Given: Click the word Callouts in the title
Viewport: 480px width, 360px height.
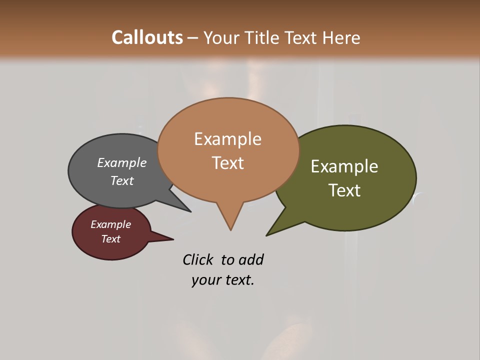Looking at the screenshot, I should (147, 37).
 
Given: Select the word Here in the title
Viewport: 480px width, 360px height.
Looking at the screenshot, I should (341, 38).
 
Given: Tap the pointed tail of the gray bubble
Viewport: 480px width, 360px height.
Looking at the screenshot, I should (189, 210).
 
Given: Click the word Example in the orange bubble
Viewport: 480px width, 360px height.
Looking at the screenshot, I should (227, 139).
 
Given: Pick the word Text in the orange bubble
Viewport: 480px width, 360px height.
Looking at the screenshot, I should (227, 163).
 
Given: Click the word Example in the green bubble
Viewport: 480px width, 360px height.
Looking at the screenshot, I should (344, 166).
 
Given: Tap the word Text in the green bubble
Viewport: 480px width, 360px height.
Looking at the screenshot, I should (344, 190).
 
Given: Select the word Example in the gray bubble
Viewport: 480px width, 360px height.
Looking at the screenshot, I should (121, 163).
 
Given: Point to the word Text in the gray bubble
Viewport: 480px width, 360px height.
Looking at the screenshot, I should (121, 180).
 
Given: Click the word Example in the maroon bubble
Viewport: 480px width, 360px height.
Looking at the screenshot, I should (110, 224).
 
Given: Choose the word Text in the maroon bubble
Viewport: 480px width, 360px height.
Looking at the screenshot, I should (110, 239).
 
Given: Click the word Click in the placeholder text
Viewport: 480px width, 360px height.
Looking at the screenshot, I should (198, 259).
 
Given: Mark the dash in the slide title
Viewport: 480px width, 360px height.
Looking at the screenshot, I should (192, 38).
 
